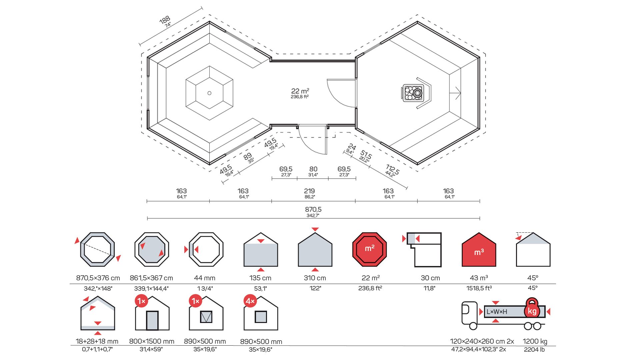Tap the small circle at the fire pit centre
tap(209, 93)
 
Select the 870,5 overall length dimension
tap(313, 210)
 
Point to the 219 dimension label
tap(309, 191)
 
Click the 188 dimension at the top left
tap(165, 20)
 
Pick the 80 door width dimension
tap(313, 169)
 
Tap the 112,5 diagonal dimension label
tap(392, 169)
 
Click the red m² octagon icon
tap(370, 249)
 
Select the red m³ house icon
tap(479, 250)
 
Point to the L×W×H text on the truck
tap(497, 312)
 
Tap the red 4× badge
tap(250, 301)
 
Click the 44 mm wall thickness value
tap(205, 278)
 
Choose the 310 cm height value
tap(315, 278)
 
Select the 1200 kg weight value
tap(535, 341)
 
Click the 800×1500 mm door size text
tap(152, 341)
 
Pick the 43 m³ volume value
tap(479, 278)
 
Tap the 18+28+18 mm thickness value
tap(97, 341)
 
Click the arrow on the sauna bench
tap(456, 93)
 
